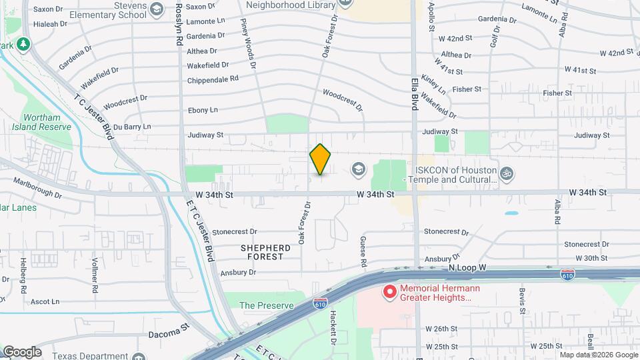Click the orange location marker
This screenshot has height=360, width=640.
click(x=321, y=159)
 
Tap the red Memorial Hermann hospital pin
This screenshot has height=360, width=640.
click(x=389, y=292)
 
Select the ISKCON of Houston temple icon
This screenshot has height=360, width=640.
click(x=507, y=173)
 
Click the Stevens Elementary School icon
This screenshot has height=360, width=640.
click(x=156, y=9)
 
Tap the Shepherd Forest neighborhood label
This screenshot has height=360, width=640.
click(x=265, y=251)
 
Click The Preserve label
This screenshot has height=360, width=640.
click(x=267, y=305)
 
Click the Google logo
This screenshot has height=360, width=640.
click(x=21, y=352)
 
